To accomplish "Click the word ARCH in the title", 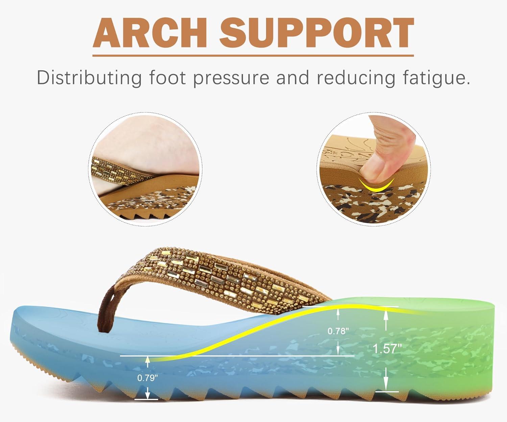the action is tap(150, 33).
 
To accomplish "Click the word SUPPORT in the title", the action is tap(317, 33).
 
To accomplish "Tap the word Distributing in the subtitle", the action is tap(89, 78).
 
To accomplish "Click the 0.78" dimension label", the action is tap(338, 331).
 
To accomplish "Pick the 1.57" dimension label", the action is tap(387, 349).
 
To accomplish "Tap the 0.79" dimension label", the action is tap(147, 378).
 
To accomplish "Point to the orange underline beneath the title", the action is tap(253, 56).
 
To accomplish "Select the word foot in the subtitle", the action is tap(168, 78).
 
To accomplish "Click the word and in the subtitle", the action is tap(293, 78).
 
